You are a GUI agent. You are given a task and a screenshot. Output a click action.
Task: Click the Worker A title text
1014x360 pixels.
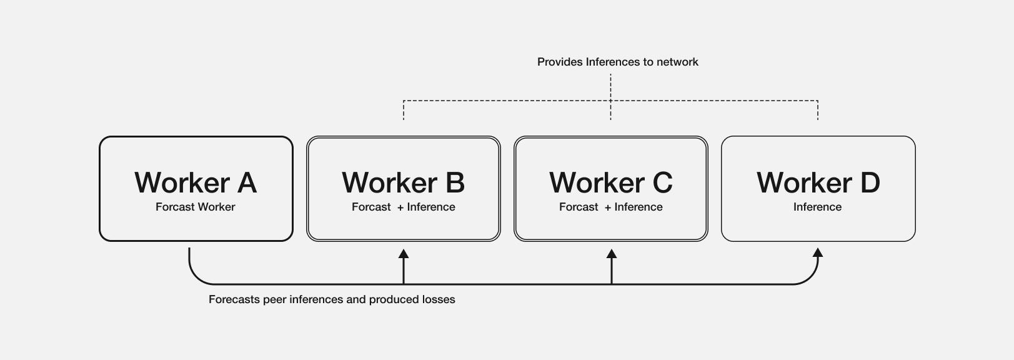(196, 182)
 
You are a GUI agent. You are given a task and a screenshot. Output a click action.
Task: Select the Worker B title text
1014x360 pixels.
(403, 182)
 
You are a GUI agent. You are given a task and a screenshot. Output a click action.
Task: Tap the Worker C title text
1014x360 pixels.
(610, 182)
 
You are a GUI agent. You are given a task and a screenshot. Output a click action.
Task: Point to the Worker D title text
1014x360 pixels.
(818, 182)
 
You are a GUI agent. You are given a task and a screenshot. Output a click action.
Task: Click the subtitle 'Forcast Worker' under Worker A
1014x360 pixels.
(195, 207)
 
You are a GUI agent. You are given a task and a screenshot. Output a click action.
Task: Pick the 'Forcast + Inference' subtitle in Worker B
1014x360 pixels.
(403, 207)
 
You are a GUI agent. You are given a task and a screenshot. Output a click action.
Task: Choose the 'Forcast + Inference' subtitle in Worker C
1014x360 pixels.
(610, 207)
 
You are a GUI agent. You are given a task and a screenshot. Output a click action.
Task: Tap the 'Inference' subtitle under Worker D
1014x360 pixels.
(817, 207)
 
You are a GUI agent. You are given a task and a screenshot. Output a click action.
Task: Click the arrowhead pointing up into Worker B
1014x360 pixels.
(404, 254)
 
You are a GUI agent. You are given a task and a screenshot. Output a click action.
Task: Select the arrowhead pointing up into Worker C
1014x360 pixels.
(612, 254)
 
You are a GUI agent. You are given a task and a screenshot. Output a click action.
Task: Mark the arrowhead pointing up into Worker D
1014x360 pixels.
(818, 252)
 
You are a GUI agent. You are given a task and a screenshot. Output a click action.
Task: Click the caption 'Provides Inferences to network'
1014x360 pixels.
(617, 62)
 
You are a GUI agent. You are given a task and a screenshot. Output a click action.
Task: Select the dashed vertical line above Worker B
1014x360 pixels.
(404, 111)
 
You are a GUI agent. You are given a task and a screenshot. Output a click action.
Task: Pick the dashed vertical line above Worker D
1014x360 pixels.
(818, 111)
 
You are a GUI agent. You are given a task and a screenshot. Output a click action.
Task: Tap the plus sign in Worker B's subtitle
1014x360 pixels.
(400, 207)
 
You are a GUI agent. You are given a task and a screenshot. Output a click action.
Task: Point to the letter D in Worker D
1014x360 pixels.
(870, 182)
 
